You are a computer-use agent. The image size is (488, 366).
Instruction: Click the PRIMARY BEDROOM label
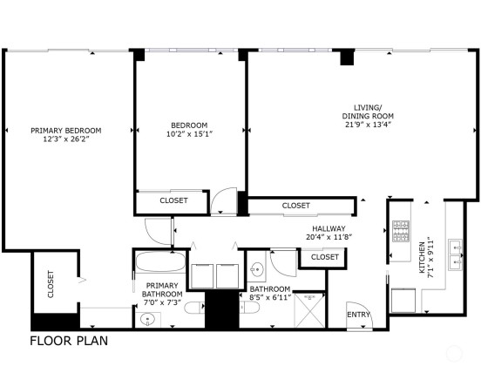tap(66, 131)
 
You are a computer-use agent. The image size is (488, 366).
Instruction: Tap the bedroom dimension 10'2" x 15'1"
tap(189, 134)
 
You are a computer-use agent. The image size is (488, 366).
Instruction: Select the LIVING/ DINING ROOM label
tap(368, 112)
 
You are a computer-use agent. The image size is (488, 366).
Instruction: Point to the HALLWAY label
tap(329, 228)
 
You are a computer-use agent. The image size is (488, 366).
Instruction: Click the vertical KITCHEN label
tap(422, 258)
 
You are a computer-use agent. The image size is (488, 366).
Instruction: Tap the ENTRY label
tap(358, 315)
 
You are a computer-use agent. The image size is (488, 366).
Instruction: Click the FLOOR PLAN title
tap(69, 341)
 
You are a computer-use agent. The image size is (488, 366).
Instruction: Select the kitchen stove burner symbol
tap(401, 231)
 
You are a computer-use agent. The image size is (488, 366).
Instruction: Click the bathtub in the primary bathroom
tap(160, 261)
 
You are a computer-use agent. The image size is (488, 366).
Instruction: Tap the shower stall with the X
tap(309, 310)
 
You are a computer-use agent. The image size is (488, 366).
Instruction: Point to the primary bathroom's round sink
tap(147, 319)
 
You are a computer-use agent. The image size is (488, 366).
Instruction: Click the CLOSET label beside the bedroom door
tap(173, 200)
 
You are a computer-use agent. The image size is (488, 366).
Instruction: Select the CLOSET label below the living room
tap(296, 206)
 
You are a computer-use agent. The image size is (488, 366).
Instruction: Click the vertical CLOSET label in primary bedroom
tap(51, 284)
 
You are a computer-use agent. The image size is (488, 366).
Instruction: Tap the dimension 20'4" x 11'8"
tap(329, 237)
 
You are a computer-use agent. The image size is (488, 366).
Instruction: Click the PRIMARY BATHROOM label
tap(162, 289)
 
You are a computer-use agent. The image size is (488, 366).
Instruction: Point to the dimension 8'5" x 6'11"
tap(270, 297)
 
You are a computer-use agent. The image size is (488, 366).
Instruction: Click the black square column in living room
tap(347, 58)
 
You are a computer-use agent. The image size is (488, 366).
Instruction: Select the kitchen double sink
tap(455, 254)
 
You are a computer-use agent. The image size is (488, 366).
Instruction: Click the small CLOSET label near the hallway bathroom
tap(325, 257)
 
